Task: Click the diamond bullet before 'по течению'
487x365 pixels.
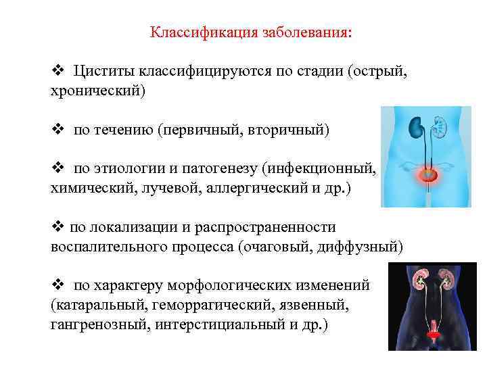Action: pos(57,128)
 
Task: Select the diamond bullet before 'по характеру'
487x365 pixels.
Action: pos(57,287)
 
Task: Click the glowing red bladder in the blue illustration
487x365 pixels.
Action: pos(427,176)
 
